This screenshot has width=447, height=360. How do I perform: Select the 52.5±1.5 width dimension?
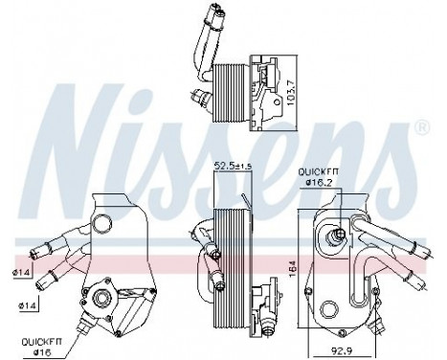click(x=231, y=169)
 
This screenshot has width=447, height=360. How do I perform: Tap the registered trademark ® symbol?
click(x=423, y=125)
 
